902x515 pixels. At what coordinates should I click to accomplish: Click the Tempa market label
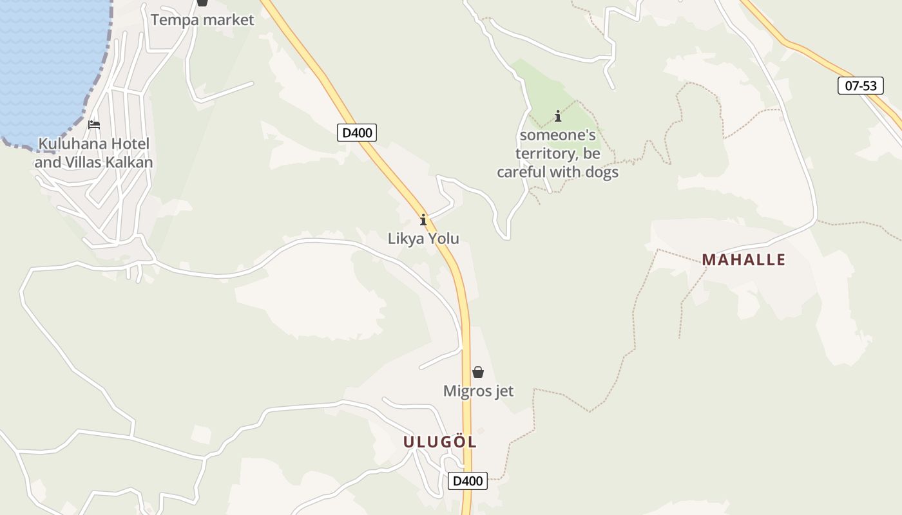tap(202, 20)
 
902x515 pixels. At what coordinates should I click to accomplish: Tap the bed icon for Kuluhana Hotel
tap(94, 124)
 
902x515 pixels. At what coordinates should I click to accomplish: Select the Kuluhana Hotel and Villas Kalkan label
tap(94, 153)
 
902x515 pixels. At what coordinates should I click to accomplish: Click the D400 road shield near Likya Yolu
tap(356, 133)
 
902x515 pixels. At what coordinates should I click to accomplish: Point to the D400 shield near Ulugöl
tap(468, 481)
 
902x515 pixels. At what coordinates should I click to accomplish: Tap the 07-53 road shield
tap(860, 86)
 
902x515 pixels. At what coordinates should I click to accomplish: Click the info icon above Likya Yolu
tap(423, 220)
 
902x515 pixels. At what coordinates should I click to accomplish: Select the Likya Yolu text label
tap(423, 239)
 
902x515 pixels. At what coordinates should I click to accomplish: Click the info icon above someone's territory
tap(558, 117)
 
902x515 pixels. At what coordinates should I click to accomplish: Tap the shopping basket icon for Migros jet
tap(478, 372)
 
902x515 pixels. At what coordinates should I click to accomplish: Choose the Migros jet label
tap(478, 391)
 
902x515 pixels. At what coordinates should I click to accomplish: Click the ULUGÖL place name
tap(440, 442)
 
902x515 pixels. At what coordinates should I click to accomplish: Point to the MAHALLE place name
tap(744, 260)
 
